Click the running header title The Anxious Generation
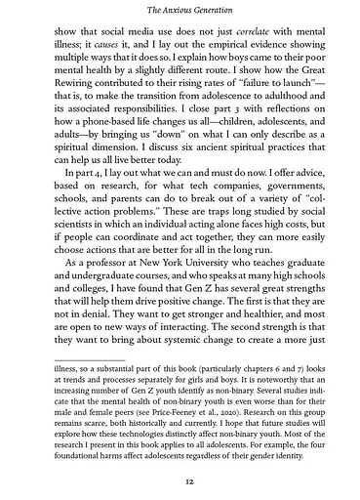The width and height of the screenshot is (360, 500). pos(180,10)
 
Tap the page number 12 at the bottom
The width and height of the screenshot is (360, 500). pos(180,481)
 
